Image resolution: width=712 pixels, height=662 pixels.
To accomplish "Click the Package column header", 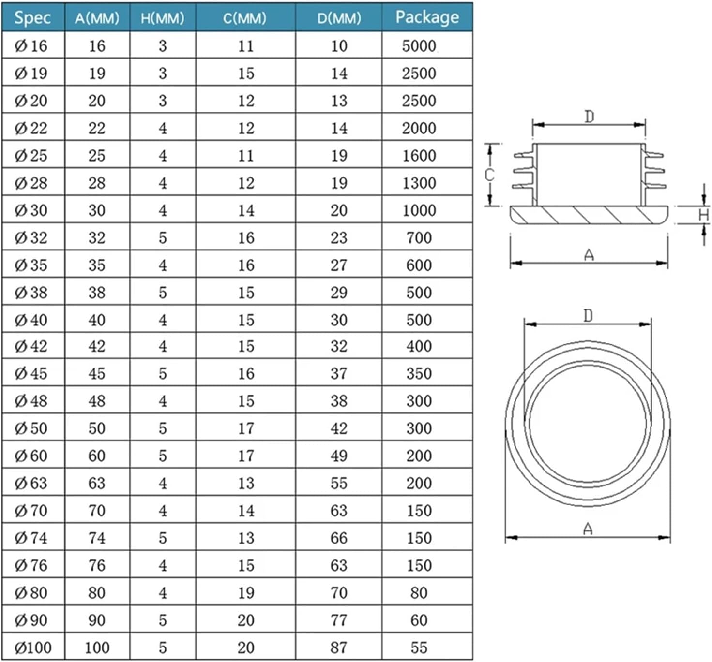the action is coord(427,17).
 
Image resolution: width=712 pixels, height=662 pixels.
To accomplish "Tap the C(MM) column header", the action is coord(244,18).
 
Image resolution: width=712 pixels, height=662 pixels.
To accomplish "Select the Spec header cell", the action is coord(32,17).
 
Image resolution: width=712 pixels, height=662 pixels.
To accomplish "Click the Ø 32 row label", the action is coord(31,238).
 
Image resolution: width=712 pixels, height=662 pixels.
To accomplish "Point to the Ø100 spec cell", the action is coord(33,647).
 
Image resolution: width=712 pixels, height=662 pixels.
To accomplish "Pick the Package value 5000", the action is coord(419,46).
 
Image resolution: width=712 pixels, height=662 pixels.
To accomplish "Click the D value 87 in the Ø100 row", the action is coord(339,647).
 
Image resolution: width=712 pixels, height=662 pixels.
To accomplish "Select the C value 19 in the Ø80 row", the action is coord(246,593).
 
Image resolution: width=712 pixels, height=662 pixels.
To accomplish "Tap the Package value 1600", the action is coord(419,156).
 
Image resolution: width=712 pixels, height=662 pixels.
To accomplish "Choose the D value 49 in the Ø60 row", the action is coord(339,456).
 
